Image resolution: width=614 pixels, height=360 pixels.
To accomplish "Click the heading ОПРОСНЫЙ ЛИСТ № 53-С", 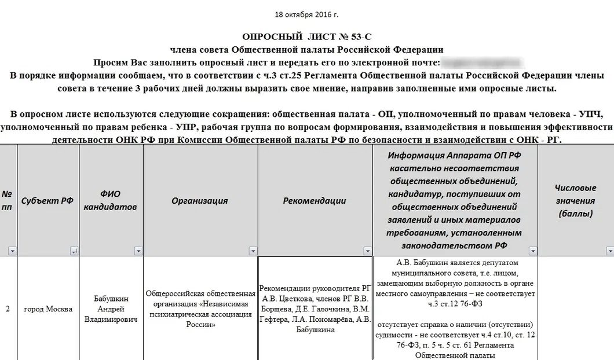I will pyautogui.click(x=306, y=38).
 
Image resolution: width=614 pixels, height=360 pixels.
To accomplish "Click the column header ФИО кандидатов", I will pyautogui.click(x=110, y=200).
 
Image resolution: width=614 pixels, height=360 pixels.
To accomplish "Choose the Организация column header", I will pyautogui.click(x=199, y=201).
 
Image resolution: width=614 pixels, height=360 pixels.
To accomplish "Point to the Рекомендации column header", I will pyautogui.click(x=315, y=201).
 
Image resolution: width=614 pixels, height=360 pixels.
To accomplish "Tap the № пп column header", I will pyautogui.click(x=8, y=200).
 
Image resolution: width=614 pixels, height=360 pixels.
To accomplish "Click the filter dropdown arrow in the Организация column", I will pyautogui.click(x=253, y=251).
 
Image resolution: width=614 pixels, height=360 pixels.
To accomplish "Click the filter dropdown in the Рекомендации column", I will pyautogui.click(x=367, y=251).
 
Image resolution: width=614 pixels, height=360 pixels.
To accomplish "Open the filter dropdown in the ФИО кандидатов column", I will pyautogui.click(x=138, y=251).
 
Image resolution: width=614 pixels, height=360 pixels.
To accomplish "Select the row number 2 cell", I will pyautogui.click(x=8, y=309).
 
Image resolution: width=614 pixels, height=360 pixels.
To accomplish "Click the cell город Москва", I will pyautogui.click(x=48, y=309).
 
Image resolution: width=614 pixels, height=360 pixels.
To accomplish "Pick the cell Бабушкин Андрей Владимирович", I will pyautogui.click(x=110, y=309).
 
